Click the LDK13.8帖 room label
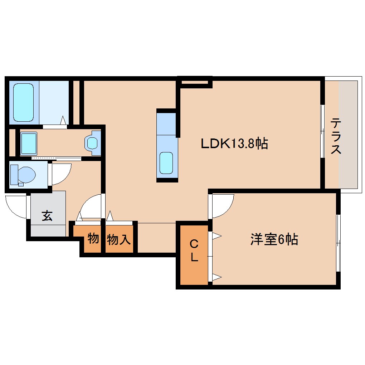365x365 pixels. [234, 144]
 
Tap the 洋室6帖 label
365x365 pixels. [274, 239]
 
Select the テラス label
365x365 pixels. [335, 136]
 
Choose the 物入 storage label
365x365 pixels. [118, 239]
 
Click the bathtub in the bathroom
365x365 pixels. [24, 102]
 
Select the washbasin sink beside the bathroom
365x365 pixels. [93, 143]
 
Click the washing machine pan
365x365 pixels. [29, 143]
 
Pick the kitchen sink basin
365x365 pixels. [167, 163]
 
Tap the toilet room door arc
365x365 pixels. [61, 173]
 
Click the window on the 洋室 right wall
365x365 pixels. [339, 243]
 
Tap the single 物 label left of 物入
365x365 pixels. [93, 238]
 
